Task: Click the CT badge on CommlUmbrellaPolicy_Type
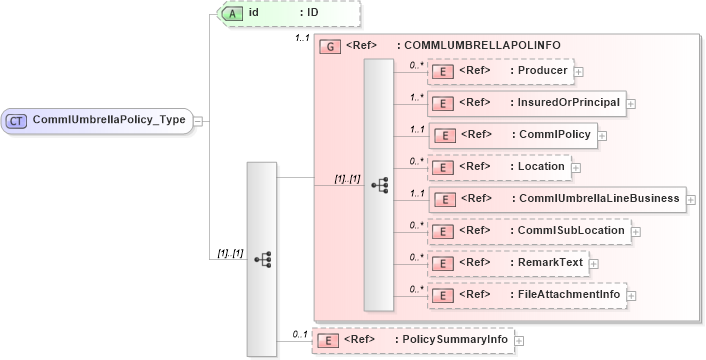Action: pyautogui.click(x=17, y=120)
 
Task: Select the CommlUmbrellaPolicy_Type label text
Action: pyautogui.click(x=109, y=120)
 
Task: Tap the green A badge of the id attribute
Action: pyautogui.click(x=231, y=13)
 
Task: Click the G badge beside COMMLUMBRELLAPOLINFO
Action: pyautogui.click(x=327, y=46)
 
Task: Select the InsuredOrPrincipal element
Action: pyautogui.click(x=526, y=102)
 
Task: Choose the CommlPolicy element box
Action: pyautogui.click(x=512, y=134)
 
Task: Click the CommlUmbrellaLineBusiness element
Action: pyautogui.click(x=556, y=198)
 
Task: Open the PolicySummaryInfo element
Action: pyautogui.click(x=412, y=340)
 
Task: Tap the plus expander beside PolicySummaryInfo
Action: pyautogui.click(x=520, y=340)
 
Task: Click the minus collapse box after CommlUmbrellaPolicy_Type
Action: pyautogui.click(x=198, y=120)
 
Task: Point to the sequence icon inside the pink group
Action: pyautogui.click(x=379, y=185)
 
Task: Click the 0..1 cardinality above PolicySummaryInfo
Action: pyautogui.click(x=298, y=333)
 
